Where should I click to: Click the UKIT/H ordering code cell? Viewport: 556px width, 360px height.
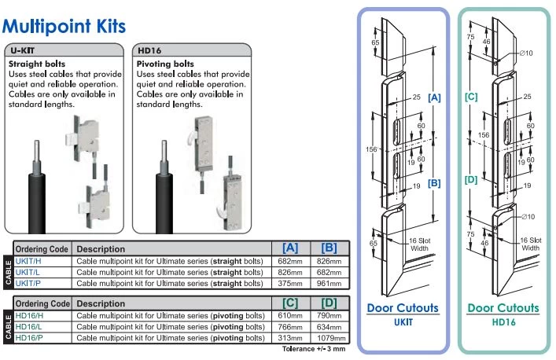pos(31,259)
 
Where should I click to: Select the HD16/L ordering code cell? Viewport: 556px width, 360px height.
pos(31,326)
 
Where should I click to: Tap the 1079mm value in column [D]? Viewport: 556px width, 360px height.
pos(330,337)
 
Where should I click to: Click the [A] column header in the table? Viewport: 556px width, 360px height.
pos(289,248)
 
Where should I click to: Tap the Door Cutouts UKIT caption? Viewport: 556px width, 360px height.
pos(403,314)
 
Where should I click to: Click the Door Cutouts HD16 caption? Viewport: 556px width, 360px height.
pos(503,314)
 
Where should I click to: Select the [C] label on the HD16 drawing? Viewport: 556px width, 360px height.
pos(471,98)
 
